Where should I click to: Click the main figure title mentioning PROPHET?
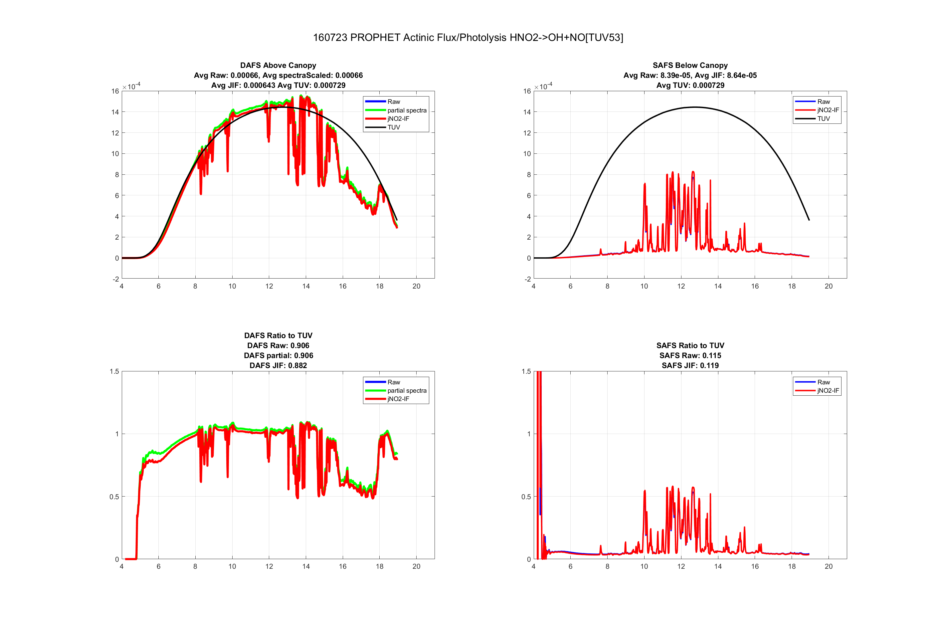coord(468,37)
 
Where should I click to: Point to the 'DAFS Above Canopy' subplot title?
coord(278,65)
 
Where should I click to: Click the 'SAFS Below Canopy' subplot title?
coord(690,65)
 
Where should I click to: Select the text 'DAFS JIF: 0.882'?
coord(278,365)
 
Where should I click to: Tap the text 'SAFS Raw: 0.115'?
coord(690,355)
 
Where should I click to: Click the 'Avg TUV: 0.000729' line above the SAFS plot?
coord(690,85)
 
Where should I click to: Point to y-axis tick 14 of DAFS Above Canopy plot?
coord(115,112)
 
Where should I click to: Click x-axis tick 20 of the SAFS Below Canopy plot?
coord(828,286)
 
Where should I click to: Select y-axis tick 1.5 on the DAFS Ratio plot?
coord(114,371)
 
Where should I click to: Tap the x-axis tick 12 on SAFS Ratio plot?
coord(681,566)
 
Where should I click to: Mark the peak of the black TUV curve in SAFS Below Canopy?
coord(694,107)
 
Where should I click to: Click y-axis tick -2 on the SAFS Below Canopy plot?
coord(527,279)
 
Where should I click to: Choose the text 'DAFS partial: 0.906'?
coord(278,355)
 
